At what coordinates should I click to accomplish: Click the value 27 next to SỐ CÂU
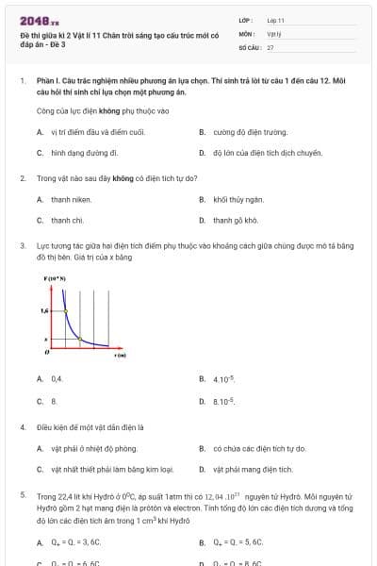click(x=270, y=46)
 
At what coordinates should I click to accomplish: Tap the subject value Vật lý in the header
click(x=274, y=32)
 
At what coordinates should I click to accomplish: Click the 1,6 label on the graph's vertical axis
click(x=44, y=309)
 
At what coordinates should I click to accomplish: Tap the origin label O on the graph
click(x=46, y=351)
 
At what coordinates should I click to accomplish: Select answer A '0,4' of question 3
click(x=57, y=378)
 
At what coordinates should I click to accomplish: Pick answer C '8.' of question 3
click(x=55, y=401)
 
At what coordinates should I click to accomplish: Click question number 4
click(x=23, y=426)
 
